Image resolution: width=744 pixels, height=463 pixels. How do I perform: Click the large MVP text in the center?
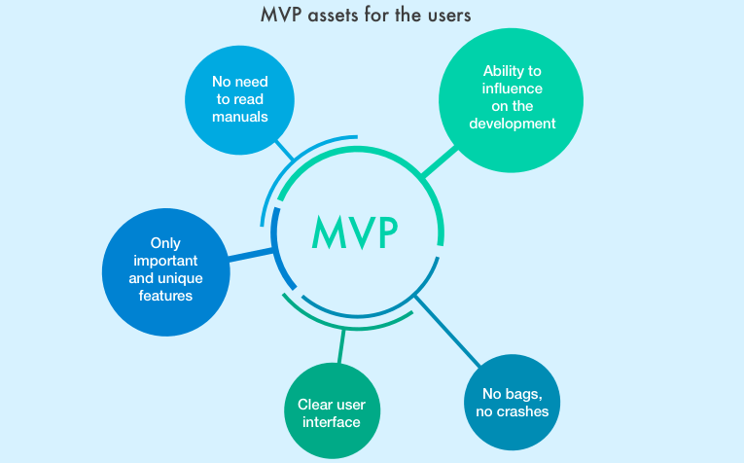coord(355,232)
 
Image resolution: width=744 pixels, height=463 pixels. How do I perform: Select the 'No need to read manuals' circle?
coord(239,100)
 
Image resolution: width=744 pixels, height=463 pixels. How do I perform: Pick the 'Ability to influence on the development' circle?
coord(511,100)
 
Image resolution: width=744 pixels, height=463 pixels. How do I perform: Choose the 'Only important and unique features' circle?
coord(166,272)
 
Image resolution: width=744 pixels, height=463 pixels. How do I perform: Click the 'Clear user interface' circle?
coord(333,410)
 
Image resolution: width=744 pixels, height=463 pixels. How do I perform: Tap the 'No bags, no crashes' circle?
coord(512,403)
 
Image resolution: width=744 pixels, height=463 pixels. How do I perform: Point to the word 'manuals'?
coord(240,117)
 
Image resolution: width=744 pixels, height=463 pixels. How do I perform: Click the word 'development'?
coord(513,124)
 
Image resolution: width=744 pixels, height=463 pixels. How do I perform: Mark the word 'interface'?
coord(332,422)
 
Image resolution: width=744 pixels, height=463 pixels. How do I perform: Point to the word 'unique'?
coord(182,278)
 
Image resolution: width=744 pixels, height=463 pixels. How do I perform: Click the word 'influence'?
coord(513,89)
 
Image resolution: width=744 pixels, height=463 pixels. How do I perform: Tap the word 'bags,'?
coord(523,395)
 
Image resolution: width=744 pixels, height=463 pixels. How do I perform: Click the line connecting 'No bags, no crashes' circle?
coord(448,331)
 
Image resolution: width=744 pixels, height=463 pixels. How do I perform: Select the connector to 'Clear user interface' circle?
coord(341,346)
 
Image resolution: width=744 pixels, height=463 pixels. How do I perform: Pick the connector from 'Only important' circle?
coord(251,255)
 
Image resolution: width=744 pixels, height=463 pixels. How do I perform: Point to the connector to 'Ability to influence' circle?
coord(440,162)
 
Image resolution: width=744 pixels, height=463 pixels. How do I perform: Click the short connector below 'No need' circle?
coord(285,150)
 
